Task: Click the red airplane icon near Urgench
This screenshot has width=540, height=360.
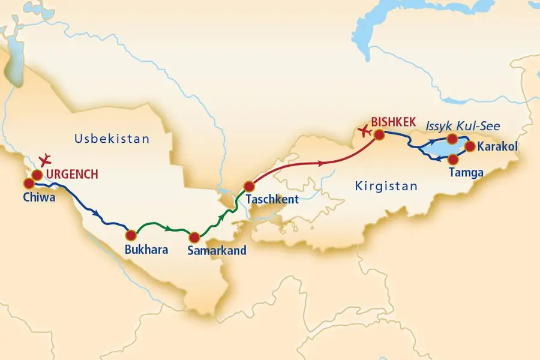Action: pyautogui.click(x=44, y=160)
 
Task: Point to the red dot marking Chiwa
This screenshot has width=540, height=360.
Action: pyautogui.click(x=28, y=183)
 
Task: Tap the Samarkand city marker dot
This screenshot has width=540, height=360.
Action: pyautogui.click(x=194, y=237)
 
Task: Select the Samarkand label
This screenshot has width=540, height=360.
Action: pyautogui.click(x=217, y=251)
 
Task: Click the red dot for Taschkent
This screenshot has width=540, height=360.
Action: pyautogui.click(x=249, y=186)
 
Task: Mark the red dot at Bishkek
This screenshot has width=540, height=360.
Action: pyautogui.click(x=379, y=134)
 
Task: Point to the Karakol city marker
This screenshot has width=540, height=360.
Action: pyautogui.click(x=469, y=146)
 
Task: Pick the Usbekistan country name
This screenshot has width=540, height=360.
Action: pyautogui.click(x=112, y=139)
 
